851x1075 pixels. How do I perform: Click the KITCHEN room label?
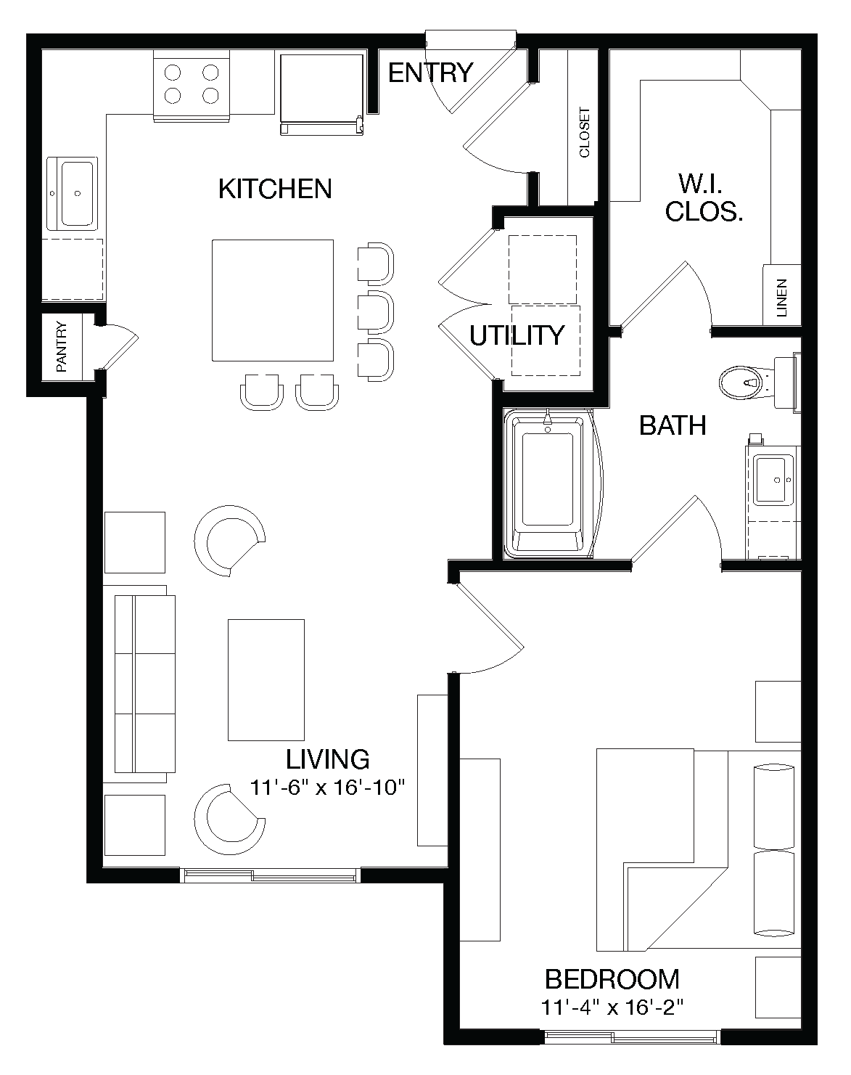point(275,189)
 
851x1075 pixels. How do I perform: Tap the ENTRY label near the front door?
point(430,73)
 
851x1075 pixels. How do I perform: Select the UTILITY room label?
point(517,335)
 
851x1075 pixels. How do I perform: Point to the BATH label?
point(673,425)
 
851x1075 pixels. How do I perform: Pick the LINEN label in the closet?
point(781,298)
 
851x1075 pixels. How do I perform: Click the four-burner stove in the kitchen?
point(192,84)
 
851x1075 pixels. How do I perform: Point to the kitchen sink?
point(76,194)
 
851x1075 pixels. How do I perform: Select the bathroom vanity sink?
point(773,480)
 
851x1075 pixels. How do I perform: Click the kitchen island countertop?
point(273,300)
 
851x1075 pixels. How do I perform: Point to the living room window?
point(270,875)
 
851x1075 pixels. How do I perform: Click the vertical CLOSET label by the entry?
point(584,133)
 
